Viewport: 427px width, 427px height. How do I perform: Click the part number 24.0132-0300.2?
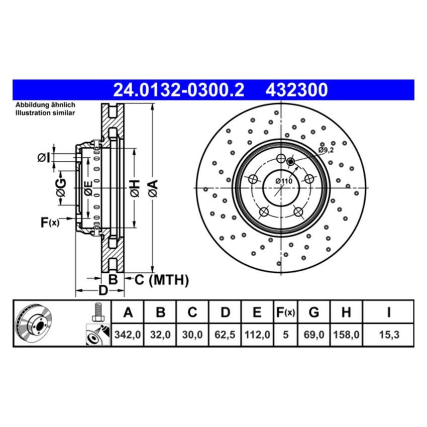(x=179, y=90)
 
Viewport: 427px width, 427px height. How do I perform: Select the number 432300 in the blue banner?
(x=296, y=90)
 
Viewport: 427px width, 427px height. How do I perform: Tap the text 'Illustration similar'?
(x=45, y=113)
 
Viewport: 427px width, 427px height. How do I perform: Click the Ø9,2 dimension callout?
(x=325, y=150)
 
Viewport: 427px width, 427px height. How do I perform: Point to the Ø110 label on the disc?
(x=284, y=181)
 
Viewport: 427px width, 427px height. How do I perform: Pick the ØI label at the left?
(x=44, y=158)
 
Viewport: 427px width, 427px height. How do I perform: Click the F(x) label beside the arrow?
(x=50, y=222)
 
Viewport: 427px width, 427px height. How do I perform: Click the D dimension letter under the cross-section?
(x=102, y=290)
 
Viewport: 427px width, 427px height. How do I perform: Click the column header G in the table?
(x=313, y=313)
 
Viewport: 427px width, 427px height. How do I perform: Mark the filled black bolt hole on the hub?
(x=290, y=161)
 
